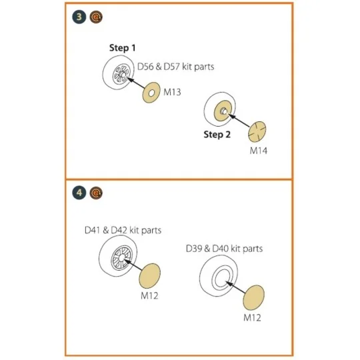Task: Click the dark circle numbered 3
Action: (79, 17)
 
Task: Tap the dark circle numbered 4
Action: (79, 193)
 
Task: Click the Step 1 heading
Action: (123, 48)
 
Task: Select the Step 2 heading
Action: (217, 135)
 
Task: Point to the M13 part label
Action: (172, 92)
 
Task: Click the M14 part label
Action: (259, 151)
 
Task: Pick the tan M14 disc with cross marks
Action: (257, 132)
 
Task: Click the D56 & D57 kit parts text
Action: (175, 67)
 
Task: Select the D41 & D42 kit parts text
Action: (123, 230)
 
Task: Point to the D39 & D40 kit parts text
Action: (224, 249)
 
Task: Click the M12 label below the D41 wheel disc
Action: (149, 296)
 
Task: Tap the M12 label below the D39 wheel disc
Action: (252, 318)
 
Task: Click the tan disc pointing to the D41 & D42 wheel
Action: (150, 276)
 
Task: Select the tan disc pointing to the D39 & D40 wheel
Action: (254, 298)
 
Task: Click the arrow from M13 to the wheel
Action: (136, 83)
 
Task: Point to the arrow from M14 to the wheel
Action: (239, 120)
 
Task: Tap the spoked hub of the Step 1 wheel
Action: (121, 75)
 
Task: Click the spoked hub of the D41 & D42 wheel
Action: (121, 257)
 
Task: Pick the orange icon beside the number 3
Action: (96, 17)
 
